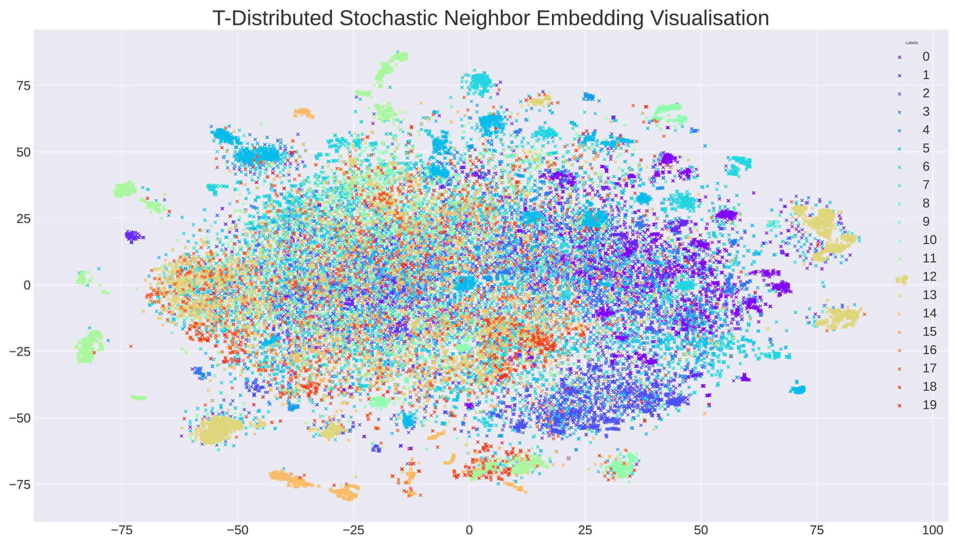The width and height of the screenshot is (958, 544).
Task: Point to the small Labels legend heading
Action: point(911,43)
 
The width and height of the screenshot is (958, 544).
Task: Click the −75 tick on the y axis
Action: point(20,485)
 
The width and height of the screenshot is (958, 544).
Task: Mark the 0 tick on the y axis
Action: point(27,285)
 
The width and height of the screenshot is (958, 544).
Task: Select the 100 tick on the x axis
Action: point(933,531)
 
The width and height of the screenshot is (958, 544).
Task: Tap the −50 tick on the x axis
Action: point(237,531)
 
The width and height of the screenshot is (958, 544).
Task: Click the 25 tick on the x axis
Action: point(585,531)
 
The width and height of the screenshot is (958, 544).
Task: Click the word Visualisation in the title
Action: point(709,18)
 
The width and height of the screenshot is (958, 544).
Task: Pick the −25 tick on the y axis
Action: point(20,352)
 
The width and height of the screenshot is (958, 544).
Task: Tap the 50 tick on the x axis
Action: point(701,531)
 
